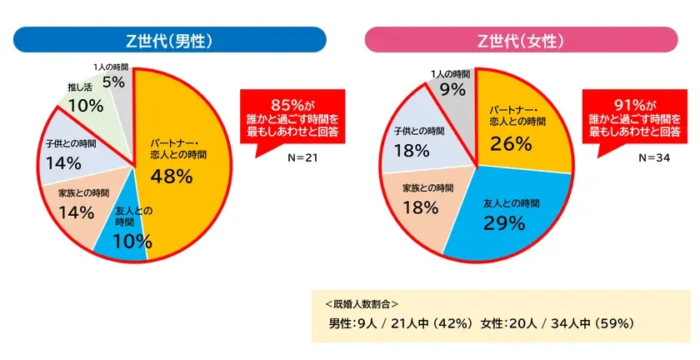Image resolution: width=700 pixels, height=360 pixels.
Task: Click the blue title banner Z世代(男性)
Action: (x=168, y=40)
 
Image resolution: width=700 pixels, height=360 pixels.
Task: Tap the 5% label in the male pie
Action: (x=113, y=81)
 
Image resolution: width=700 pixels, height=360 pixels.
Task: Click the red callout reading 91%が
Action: (x=637, y=118)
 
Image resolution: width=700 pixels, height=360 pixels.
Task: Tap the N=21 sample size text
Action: (x=300, y=159)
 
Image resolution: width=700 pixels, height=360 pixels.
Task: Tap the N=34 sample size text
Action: (x=654, y=159)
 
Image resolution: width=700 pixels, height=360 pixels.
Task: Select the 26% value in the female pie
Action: (x=511, y=143)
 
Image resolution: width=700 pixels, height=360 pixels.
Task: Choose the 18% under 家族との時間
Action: (x=421, y=207)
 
